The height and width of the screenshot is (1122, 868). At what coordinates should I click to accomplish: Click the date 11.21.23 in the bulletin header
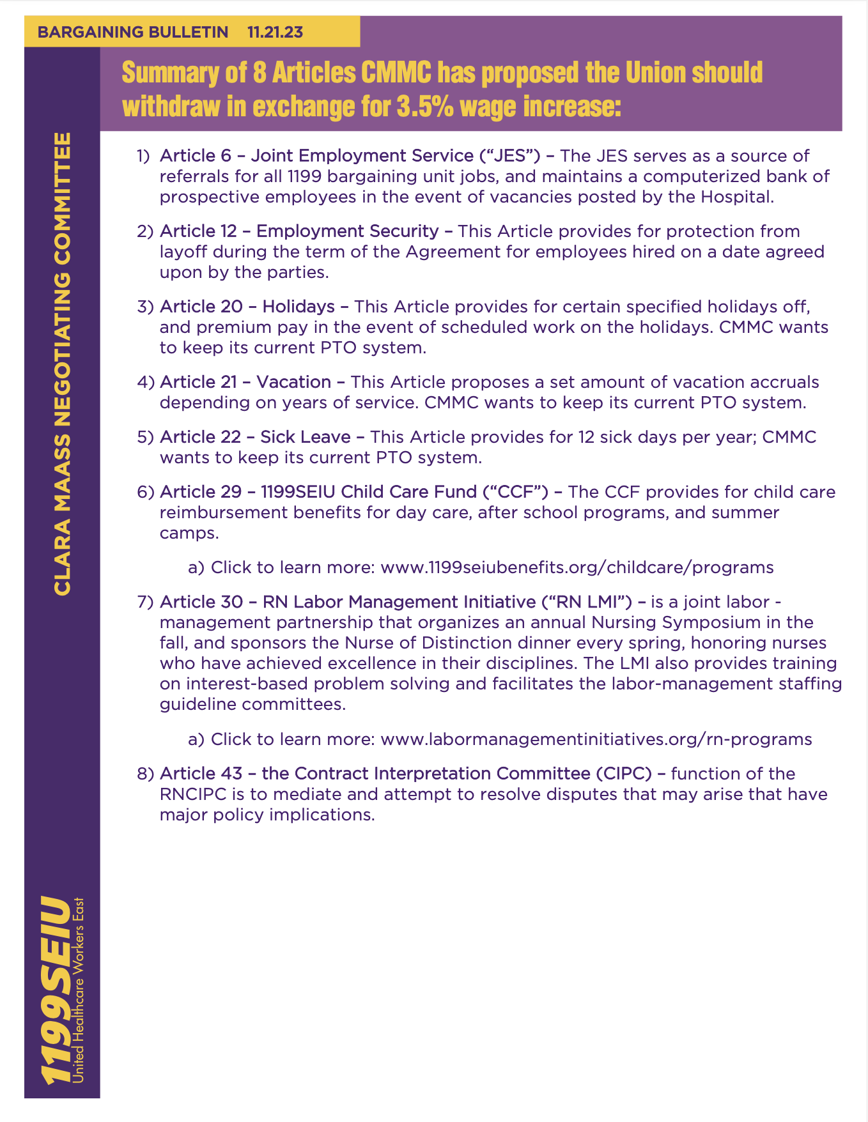click(275, 32)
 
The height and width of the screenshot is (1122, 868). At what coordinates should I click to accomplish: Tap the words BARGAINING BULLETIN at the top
click(133, 32)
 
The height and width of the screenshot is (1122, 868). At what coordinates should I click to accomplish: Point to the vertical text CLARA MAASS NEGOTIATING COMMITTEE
click(63, 364)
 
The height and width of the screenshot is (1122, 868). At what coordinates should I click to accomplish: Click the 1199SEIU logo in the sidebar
click(54, 990)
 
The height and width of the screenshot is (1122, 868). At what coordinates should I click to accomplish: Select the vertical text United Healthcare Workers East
click(79, 990)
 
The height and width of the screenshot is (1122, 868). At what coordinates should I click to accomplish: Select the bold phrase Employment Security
click(347, 231)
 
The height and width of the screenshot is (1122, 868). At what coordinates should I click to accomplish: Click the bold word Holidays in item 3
click(298, 307)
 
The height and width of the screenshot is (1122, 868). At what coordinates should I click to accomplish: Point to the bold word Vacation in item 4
click(293, 382)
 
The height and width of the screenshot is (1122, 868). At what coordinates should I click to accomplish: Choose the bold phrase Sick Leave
click(306, 437)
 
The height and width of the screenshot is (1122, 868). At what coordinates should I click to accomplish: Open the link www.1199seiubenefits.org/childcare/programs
click(577, 567)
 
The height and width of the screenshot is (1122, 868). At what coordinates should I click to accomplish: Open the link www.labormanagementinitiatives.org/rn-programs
click(596, 739)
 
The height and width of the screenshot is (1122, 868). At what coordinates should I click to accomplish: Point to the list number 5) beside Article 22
click(146, 437)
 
